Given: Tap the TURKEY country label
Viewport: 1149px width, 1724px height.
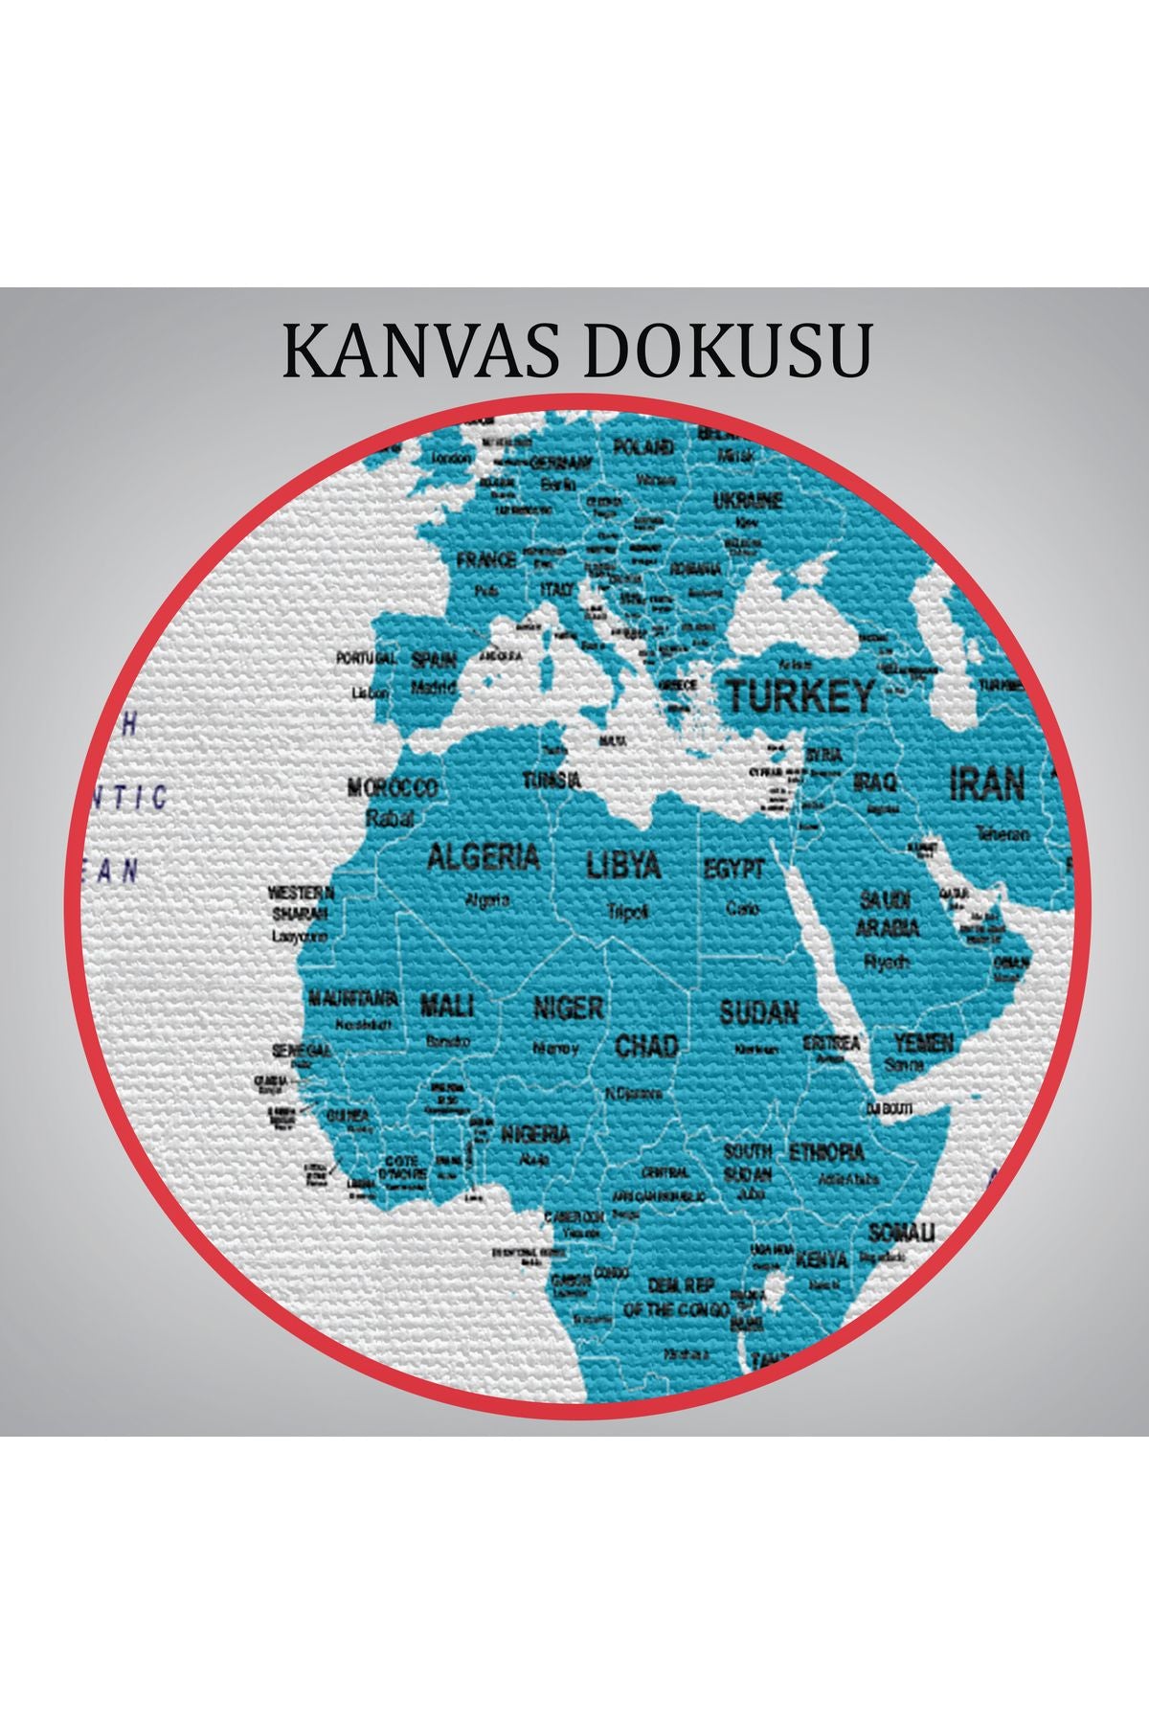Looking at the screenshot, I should coord(800,696).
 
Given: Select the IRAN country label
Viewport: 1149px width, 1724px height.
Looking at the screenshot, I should coord(986,784).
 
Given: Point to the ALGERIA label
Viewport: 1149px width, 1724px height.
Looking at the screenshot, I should coord(484,855).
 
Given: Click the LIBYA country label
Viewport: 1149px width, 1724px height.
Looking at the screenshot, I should coord(623,865).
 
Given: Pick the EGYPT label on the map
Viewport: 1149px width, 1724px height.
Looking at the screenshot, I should coord(734,870).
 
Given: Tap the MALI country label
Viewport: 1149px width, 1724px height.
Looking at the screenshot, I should coord(447,1006).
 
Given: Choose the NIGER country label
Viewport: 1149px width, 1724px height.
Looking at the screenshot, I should coord(568,1008).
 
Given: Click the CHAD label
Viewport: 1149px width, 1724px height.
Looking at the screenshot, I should coord(646,1045).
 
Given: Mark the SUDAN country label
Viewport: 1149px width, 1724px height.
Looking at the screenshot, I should coord(759,1012).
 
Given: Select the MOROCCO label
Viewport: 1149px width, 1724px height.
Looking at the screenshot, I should coord(392,788).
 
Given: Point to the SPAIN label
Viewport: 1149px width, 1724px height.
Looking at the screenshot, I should coord(434,660).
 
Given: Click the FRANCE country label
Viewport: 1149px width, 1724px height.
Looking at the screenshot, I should coord(486,559).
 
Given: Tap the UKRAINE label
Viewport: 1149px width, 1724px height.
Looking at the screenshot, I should coord(748,500).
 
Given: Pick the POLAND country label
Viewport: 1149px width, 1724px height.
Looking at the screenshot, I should coord(642,446).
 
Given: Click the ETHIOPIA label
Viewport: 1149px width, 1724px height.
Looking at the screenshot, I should coord(826,1152).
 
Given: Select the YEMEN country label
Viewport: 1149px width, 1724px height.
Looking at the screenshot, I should coord(924,1042).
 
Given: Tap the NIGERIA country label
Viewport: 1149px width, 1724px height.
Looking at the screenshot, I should coord(535,1135).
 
